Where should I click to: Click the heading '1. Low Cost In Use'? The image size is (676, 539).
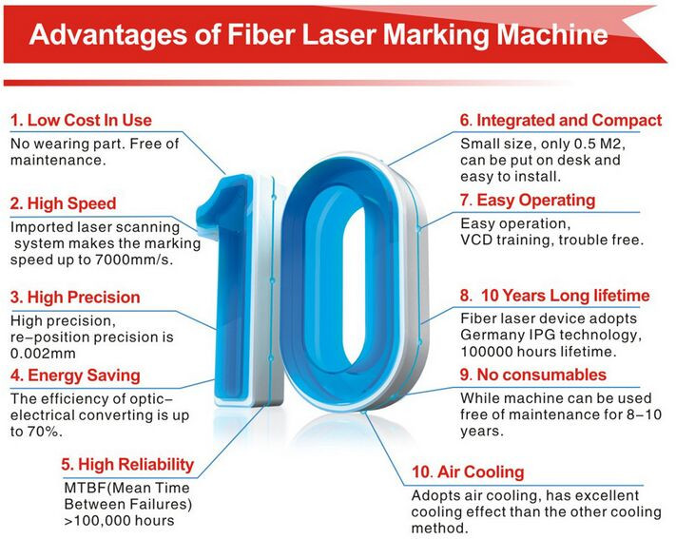click(81, 120)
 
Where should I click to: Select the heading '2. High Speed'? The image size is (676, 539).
click(64, 203)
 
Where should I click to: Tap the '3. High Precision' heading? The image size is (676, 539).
click(75, 298)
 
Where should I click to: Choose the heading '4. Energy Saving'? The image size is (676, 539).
click(75, 375)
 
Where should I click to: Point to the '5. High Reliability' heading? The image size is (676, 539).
click(127, 465)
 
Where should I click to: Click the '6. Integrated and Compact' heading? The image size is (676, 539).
click(561, 120)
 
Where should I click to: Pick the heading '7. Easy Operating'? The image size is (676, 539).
click(528, 200)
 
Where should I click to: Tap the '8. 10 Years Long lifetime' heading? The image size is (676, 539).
click(555, 296)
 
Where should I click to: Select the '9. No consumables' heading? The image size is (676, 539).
click(533, 375)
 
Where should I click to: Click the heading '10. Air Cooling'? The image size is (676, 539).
click(468, 472)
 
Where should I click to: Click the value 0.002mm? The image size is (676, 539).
click(43, 354)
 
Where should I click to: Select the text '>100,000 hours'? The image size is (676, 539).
click(120, 520)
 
